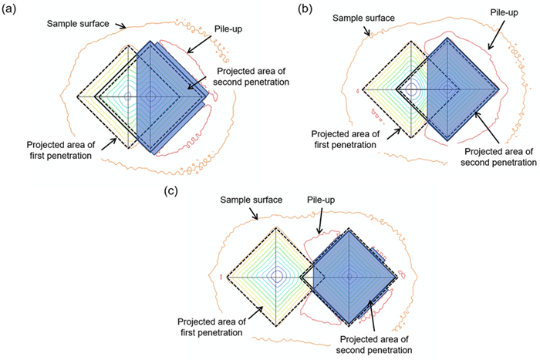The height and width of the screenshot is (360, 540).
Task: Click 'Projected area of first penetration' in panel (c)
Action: [211, 326]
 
